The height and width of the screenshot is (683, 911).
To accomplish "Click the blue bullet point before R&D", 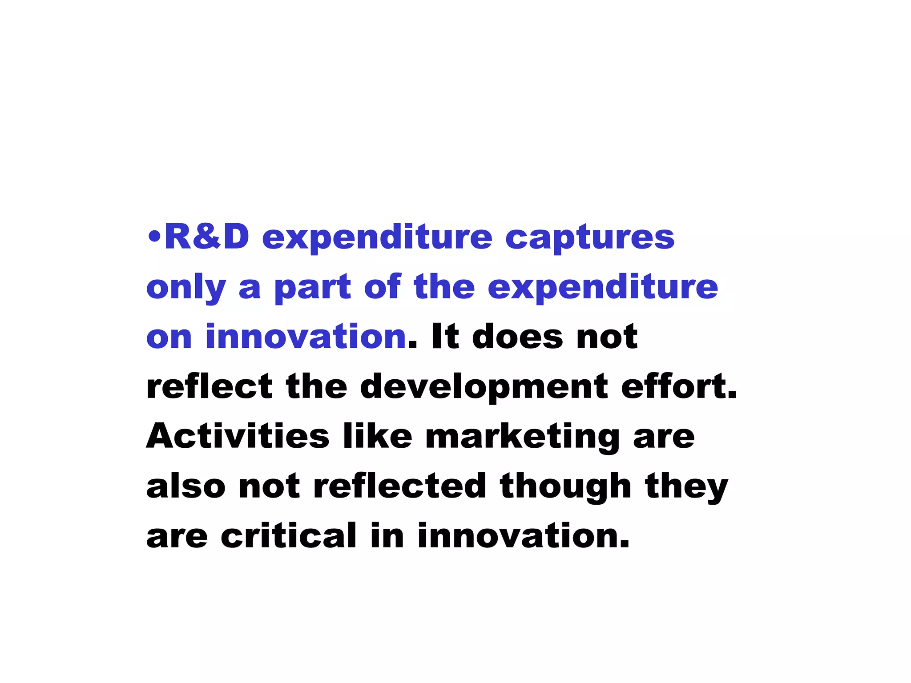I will (154, 237).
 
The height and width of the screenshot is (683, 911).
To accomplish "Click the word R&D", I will (207, 237).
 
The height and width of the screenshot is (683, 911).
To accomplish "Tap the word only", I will (186, 288).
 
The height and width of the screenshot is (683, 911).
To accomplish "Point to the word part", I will (312, 288).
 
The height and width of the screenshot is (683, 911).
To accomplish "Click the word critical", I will (289, 535).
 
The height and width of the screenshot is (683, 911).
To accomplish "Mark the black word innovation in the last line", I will (523, 535).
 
